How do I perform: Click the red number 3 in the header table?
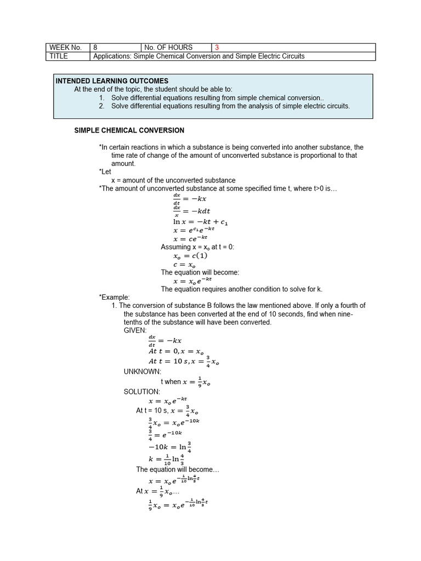tap(217, 48)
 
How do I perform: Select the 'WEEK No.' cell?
tap(65, 48)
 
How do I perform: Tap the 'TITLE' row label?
tap(58, 56)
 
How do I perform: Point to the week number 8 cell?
tap(96, 48)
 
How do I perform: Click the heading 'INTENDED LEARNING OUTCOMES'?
tap(112, 81)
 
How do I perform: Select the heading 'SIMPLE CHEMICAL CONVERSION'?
tap(129, 130)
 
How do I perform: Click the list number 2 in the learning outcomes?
tap(101, 106)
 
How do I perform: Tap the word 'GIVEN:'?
tap(135, 331)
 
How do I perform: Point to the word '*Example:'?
tap(114, 297)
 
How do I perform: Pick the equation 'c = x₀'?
tap(185, 264)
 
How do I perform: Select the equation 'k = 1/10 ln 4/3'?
tap(170, 460)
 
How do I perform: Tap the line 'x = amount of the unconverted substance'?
tap(173, 180)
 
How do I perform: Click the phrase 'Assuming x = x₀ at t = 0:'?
tap(197, 247)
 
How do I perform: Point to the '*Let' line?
tap(105, 172)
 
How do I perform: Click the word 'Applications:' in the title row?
tap(113, 56)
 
